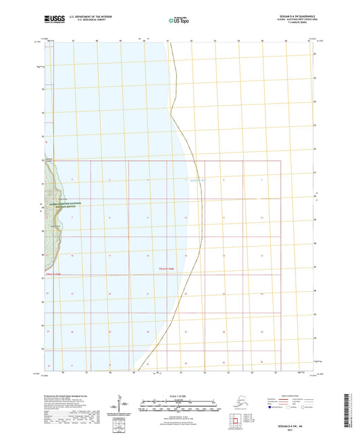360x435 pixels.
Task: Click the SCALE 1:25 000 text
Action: pyautogui.click(x=179, y=398)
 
